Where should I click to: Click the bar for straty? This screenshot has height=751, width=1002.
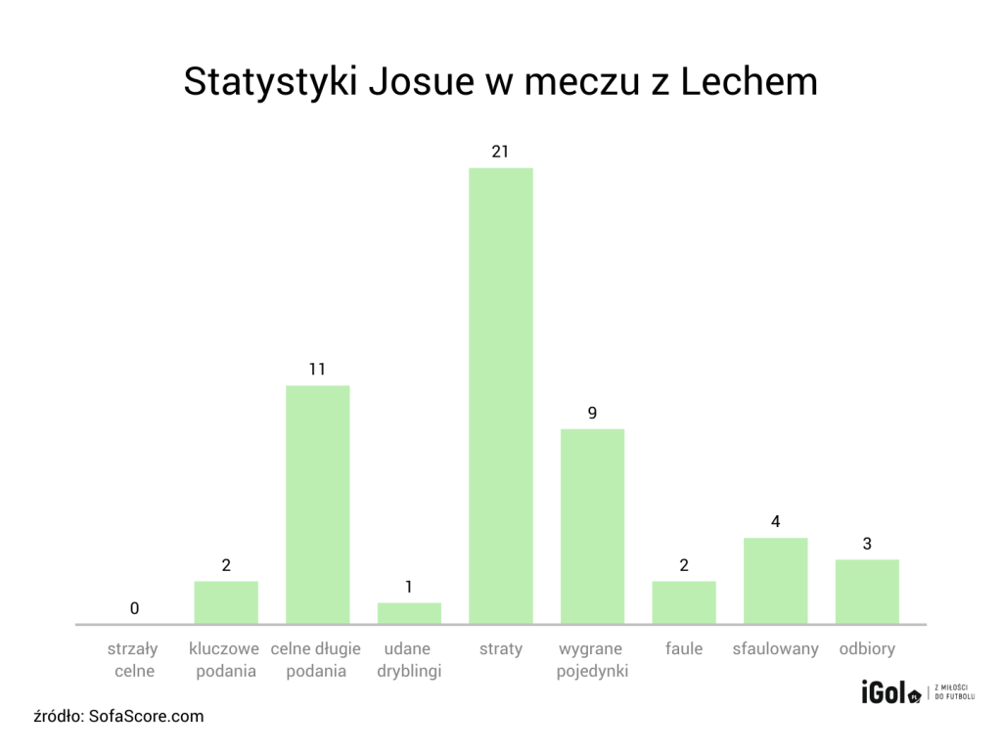(500, 396)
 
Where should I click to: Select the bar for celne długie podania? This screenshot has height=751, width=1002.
(317, 505)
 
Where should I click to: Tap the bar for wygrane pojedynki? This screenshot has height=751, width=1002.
(592, 526)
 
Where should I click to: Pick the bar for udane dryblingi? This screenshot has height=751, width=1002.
(409, 613)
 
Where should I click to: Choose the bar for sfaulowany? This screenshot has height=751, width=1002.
(775, 581)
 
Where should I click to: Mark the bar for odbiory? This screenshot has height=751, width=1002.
(867, 592)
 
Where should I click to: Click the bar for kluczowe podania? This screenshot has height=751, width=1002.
(226, 602)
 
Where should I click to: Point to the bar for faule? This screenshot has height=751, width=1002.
(684, 602)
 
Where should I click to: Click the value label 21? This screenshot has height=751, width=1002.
(500, 152)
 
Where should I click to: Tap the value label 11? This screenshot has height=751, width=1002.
(317, 370)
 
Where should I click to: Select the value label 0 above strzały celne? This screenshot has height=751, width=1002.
(134, 608)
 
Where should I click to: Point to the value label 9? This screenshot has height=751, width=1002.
(592, 413)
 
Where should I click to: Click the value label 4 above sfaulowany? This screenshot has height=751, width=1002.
(775, 521)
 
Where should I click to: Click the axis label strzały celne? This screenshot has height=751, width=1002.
(134, 660)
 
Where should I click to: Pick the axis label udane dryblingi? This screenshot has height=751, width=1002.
(409, 660)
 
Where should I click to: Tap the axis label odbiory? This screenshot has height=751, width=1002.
(867, 649)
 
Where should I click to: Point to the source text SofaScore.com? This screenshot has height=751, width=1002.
(147, 716)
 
